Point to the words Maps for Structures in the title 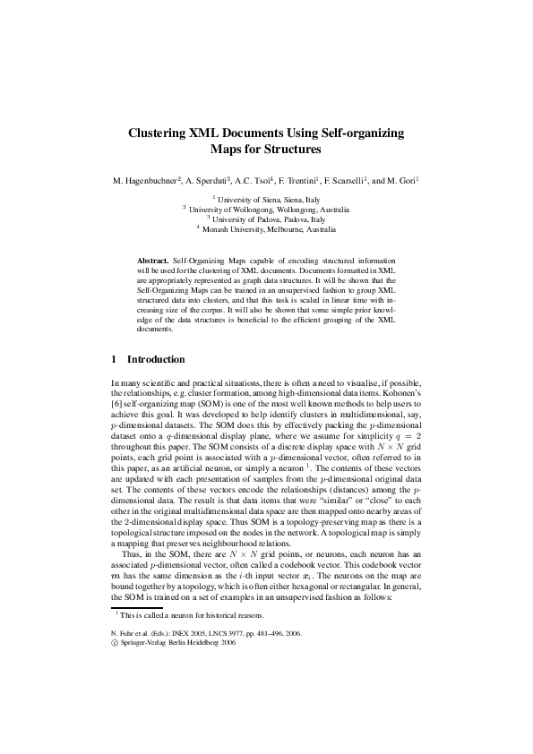click(x=266, y=150)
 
